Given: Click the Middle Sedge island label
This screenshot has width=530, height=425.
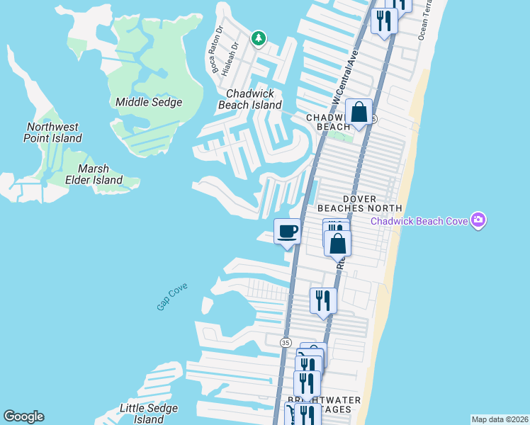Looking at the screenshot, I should click(x=149, y=102).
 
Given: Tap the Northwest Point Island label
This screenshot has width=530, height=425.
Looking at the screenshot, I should click(x=53, y=132).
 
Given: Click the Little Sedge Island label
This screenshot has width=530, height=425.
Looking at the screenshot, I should click(x=148, y=413).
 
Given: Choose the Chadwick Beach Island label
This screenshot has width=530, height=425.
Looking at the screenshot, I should click(x=254, y=99).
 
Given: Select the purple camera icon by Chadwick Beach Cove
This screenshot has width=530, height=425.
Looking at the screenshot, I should click(x=479, y=220).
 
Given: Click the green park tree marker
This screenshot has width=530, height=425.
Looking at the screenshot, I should click(x=259, y=38).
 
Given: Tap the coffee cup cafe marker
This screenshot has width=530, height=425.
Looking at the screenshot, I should click(x=287, y=232).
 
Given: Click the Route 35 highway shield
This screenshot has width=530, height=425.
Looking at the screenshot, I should click(x=286, y=342).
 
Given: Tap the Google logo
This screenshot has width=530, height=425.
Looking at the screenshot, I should click(x=23, y=416).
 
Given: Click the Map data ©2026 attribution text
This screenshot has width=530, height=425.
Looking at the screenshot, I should click(x=500, y=419).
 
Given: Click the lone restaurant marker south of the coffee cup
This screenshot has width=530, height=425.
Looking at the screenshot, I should click(x=322, y=300).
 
